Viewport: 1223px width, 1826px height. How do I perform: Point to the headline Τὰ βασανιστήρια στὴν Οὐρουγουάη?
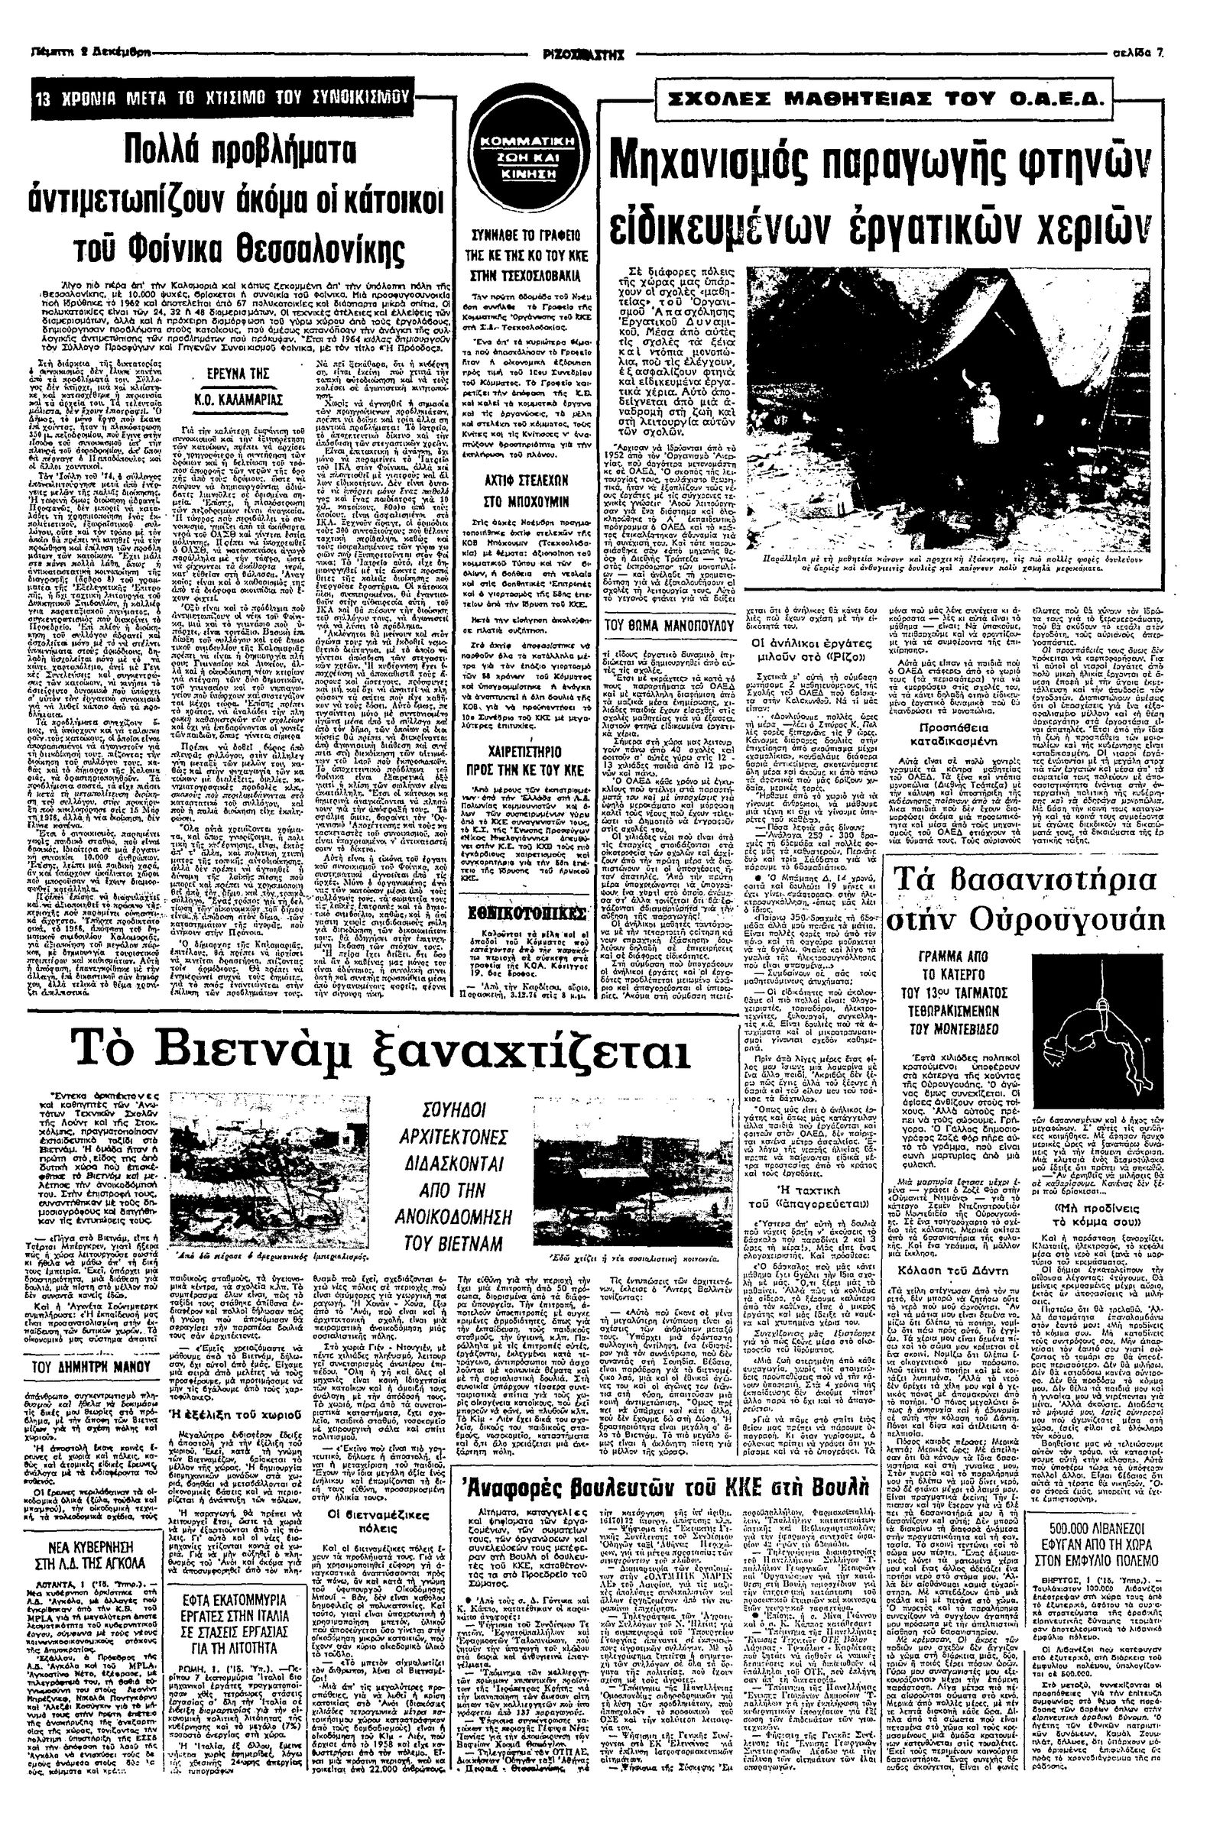1025,898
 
